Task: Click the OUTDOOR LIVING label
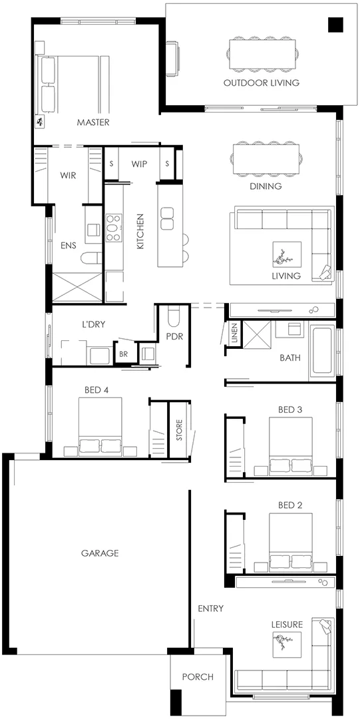pos(262,83)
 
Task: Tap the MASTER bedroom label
pos(93,122)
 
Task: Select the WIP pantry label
pos(139,164)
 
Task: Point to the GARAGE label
pos(100,553)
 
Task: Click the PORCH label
pos(198,676)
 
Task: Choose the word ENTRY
pos(210,608)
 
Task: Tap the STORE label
pos(179,430)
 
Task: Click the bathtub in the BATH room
pos(322,350)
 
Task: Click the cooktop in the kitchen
pos(112,228)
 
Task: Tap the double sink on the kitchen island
pos(167,218)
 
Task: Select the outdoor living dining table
pos(262,54)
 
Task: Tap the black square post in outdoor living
pos(335,25)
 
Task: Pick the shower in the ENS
pos(77,287)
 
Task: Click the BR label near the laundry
pos(123,354)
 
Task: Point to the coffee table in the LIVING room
pos(287,254)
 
